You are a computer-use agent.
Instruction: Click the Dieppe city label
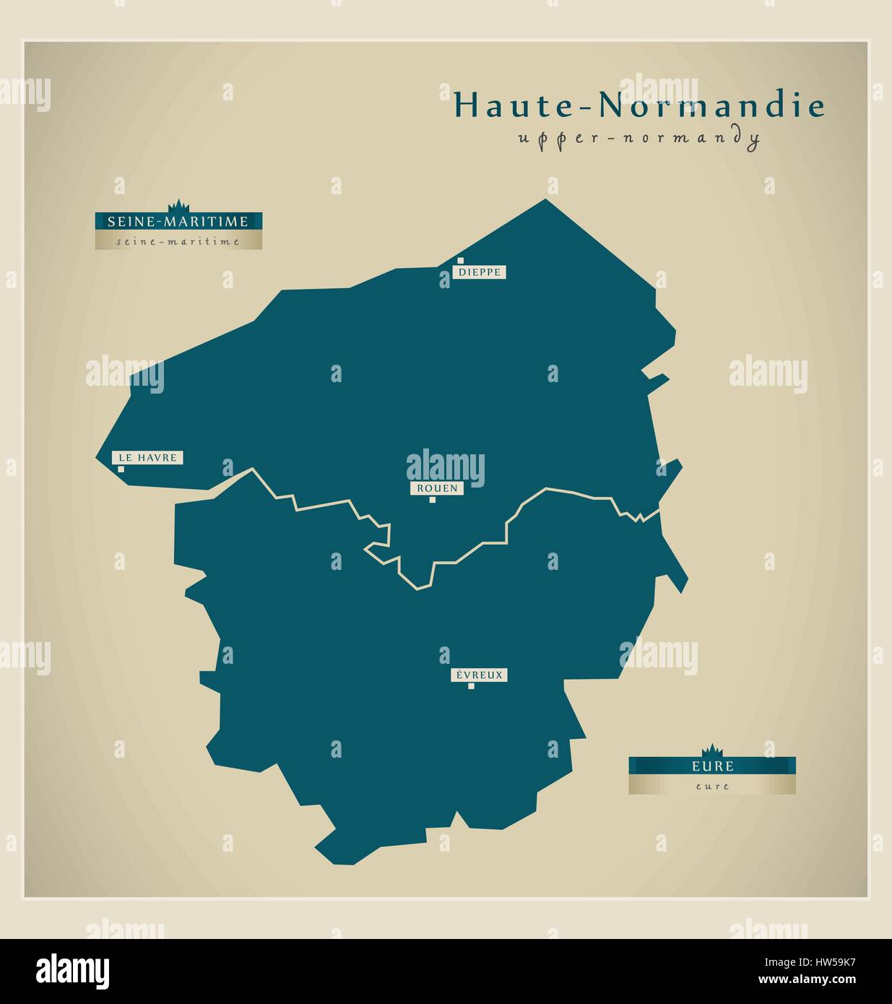click(x=479, y=272)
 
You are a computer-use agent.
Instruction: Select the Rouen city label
click(x=436, y=488)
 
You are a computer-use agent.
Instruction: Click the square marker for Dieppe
click(x=459, y=261)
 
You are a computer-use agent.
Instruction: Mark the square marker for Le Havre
click(x=121, y=469)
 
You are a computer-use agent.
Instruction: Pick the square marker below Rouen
click(x=432, y=499)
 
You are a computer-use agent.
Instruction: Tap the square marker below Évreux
click(x=471, y=686)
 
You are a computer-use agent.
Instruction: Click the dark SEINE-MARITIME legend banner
click(x=178, y=221)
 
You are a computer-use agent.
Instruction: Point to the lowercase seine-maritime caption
click(x=178, y=241)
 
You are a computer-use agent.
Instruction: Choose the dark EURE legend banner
click(x=711, y=766)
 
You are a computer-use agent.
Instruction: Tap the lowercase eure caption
click(x=712, y=786)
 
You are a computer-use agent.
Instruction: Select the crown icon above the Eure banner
click(x=712, y=750)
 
